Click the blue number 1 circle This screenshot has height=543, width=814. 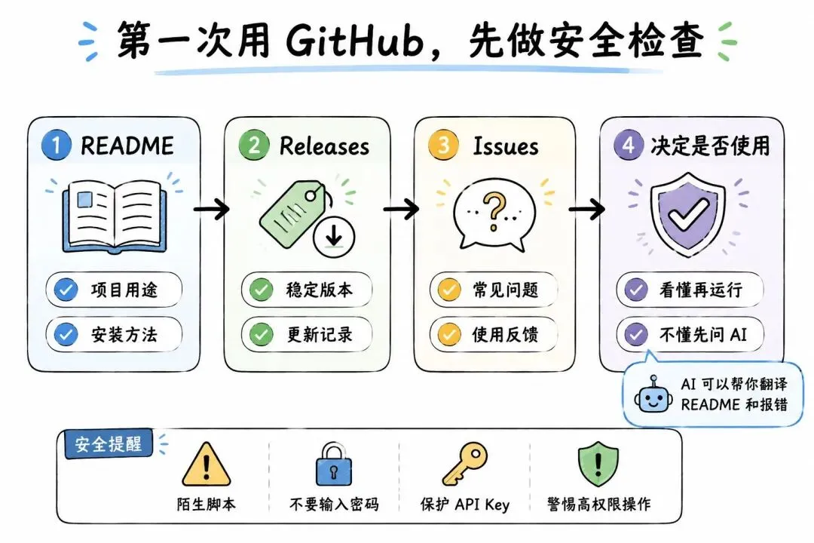click(x=56, y=145)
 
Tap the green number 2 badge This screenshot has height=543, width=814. click(x=254, y=145)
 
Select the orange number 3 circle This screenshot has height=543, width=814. click(x=443, y=145)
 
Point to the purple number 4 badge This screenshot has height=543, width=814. click(x=628, y=145)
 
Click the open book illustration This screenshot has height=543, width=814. click(x=115, y=216)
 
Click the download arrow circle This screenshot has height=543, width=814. click(x=334, y=238)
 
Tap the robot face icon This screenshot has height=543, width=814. click(x=653, y=396)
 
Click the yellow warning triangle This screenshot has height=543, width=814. click(x=206, y=464)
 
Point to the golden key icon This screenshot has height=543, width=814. click(x=464, y=464)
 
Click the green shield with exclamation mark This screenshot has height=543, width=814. click(x=598, y=464)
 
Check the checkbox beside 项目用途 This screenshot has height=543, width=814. click(x=66, y=290)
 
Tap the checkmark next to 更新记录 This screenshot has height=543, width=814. click(x=261, y=334)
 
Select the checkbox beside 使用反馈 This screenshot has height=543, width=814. click(x=449, y=334)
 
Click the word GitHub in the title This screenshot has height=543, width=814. click(x=355, y=41)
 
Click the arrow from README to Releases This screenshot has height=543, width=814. click(x=211, y=209)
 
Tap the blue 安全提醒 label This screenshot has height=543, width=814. click(x=109, y=444)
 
